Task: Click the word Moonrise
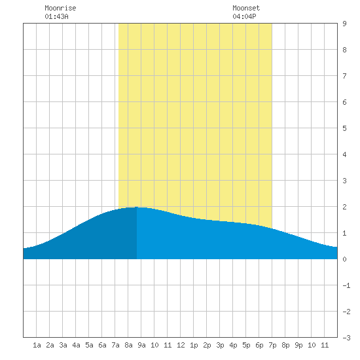[60, 8]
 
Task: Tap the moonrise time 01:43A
[56, 16]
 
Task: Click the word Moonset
[246, 8]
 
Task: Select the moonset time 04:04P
[244, 16]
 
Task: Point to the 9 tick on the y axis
[344, 24]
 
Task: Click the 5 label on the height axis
[344, 128]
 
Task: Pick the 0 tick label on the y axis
[344, 259]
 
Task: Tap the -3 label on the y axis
[346, 338]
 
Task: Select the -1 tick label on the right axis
[346, 285]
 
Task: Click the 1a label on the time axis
[37, 345]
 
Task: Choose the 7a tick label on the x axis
[115, 345]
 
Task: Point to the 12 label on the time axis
[181, 345]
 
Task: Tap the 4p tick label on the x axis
[233, 345]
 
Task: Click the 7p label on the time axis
[272, 345]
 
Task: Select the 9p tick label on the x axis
[298, 345]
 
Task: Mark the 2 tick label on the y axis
[344, 207]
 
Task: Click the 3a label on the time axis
[63, 345]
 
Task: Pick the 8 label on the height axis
[344, 50]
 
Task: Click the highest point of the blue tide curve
[137, 207]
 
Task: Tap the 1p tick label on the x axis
[194, 345]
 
